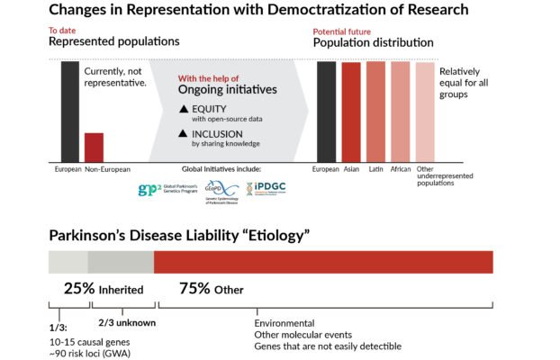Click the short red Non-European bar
tap(94, 147)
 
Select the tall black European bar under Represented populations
tap(69, 111)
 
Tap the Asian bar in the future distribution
tap(351, 112)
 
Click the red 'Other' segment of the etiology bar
tap(323, 262)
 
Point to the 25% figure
tap(79, 289)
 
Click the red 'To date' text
tap(62, 30)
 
